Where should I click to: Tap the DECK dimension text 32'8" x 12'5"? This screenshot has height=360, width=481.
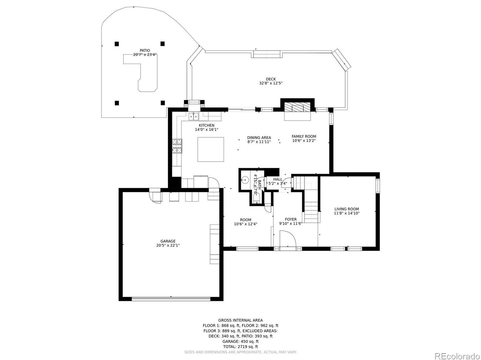click(271, 83)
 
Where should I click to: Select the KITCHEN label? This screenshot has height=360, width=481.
click(207, 125)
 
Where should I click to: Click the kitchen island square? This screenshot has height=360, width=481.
click(210, 149)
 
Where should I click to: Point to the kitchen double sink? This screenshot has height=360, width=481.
click(193, 117)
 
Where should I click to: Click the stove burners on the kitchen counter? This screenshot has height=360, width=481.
click(177, 146)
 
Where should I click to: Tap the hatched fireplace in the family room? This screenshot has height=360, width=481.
click(298, 108)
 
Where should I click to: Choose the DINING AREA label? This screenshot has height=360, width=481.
click(259, 138)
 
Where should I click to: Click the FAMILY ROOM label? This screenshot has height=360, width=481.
click(304, 136)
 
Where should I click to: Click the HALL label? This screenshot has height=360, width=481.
click(277, 179)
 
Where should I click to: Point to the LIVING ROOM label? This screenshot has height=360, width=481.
click(346, 209)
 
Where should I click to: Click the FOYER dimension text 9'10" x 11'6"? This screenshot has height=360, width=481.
click(291, 223)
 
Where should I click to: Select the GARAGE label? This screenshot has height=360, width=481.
click(168, 241)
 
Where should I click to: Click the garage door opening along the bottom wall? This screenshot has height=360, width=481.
click(171, 298)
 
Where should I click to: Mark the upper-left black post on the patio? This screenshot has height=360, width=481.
click(117, 44)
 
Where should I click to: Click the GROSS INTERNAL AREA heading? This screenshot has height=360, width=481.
click(240, 320)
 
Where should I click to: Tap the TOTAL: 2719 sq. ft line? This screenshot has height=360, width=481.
click(240, 347)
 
